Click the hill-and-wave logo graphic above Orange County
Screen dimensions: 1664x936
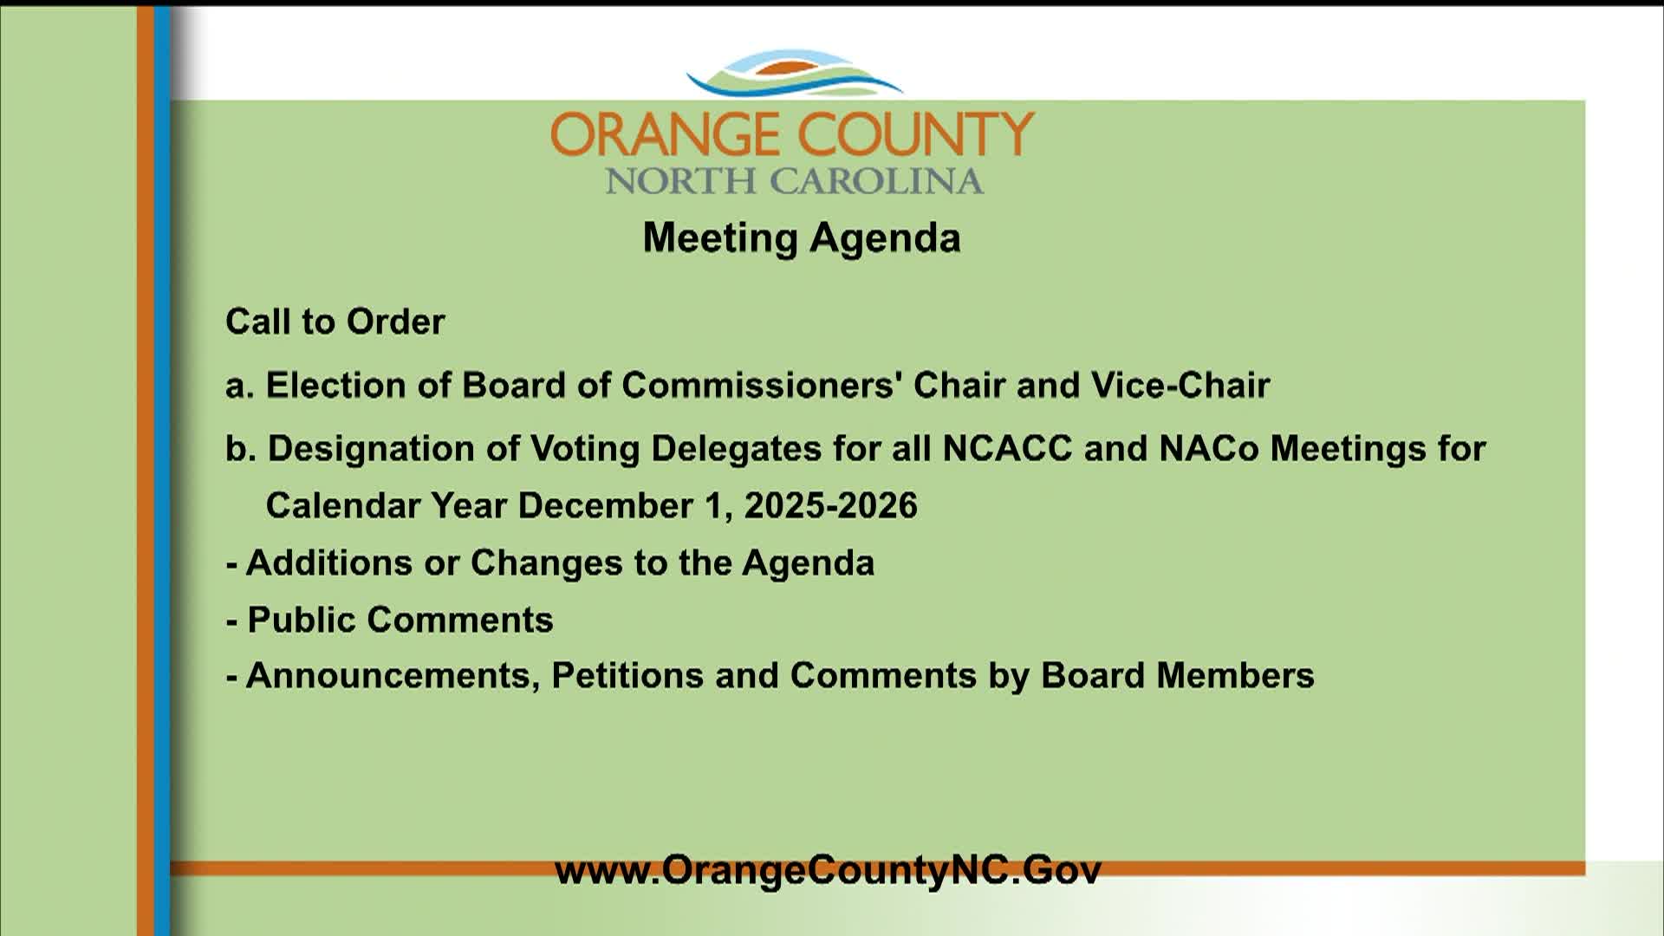pos(794,74)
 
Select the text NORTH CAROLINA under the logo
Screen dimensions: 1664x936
pos(794,181)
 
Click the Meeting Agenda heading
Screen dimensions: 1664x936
pos(802,238)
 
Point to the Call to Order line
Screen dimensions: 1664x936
pos(335,322)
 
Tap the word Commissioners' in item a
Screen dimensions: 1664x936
pos(763,385)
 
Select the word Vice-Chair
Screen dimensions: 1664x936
pos(1180,385)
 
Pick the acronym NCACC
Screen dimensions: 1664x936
pos(1007,449)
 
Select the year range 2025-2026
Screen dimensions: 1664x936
pos(831,506)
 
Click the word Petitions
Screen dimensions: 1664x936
pos(627,676)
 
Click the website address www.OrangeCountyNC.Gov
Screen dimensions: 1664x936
pos(828,870)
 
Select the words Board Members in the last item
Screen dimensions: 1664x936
pos(1178,676)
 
